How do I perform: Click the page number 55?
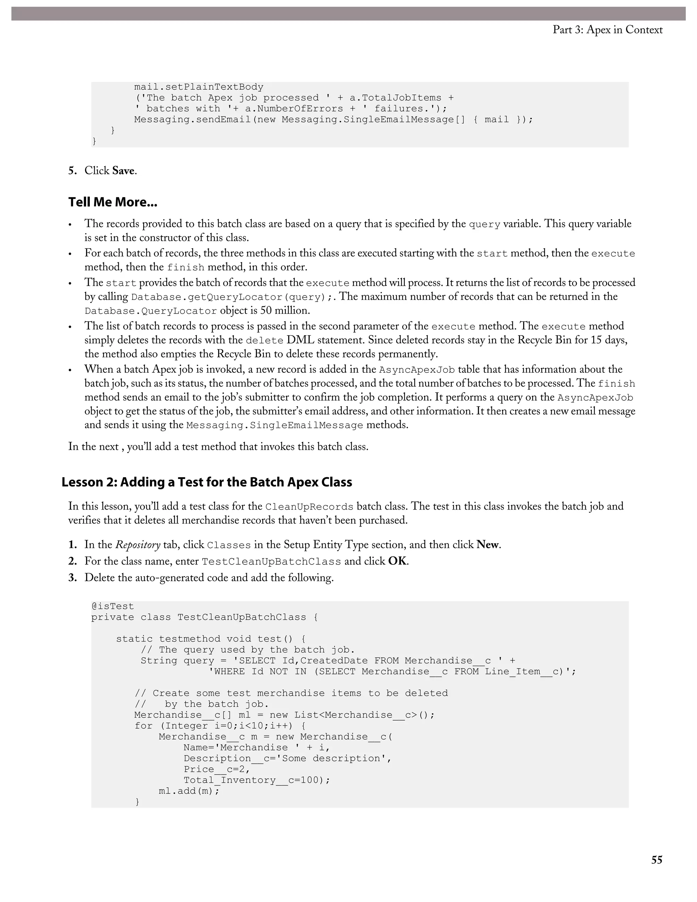click(x=657, y=860)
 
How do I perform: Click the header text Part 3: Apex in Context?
click(x=607, y=30)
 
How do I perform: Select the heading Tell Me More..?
click(x=113, y=203)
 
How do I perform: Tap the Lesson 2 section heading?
click(x=207, y=482)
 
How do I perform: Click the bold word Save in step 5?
click(x=124, y=171)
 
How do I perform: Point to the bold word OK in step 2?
click(x=397, y=561)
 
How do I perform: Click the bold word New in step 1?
click(x=488, y=545)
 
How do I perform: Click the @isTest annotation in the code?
click(x=113, y=606)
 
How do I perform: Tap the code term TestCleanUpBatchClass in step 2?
click(x=271, y=562)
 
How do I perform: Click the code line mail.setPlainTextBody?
click(x=199, y=87)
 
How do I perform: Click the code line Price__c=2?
click(x=217, y=769)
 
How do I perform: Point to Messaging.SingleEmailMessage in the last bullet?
click(x=275, y=425)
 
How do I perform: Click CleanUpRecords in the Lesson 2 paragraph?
click(x=309, y=507)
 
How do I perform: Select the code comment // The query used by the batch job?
click(x=248, y=650)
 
